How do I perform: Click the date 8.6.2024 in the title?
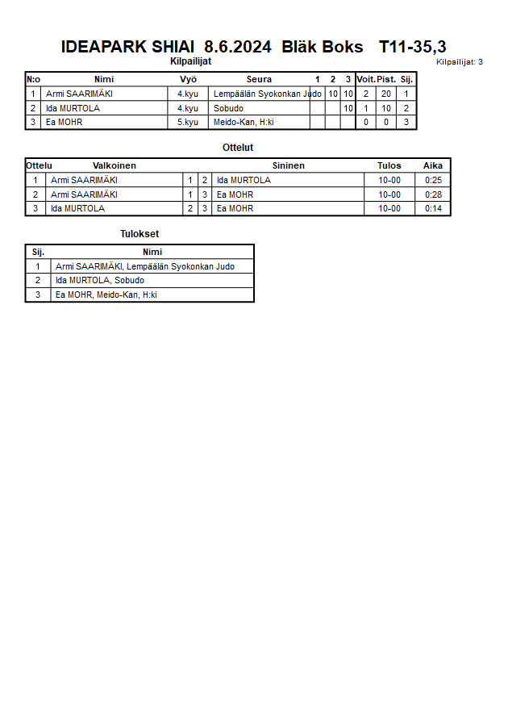tap(238, 48)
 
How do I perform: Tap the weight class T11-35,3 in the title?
tap(412, 48)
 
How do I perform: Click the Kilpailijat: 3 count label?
tap(459, 62)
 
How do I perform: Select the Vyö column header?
tap(188, 79)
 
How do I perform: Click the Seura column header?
tap(259, 79)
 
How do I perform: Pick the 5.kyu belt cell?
tap(188, 123)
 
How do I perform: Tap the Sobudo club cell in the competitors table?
tap(228, 108)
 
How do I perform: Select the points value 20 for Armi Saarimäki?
tap(386, 94)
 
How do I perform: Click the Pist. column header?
tap(386, 79)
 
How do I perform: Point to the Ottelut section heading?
tap(238, 148)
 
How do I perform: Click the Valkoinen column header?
tap(115, 165)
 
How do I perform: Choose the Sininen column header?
tap(288, 165)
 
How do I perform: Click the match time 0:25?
tap(433, 180)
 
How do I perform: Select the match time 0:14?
tap(433, 208)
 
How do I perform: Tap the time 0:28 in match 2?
tap(433, 194)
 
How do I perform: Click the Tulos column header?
tap(389, 165)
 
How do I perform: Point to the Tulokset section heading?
tap(139, 234)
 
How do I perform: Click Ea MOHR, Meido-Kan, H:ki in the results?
tap(106, 295)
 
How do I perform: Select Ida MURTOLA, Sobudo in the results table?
tap(100, 281)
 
